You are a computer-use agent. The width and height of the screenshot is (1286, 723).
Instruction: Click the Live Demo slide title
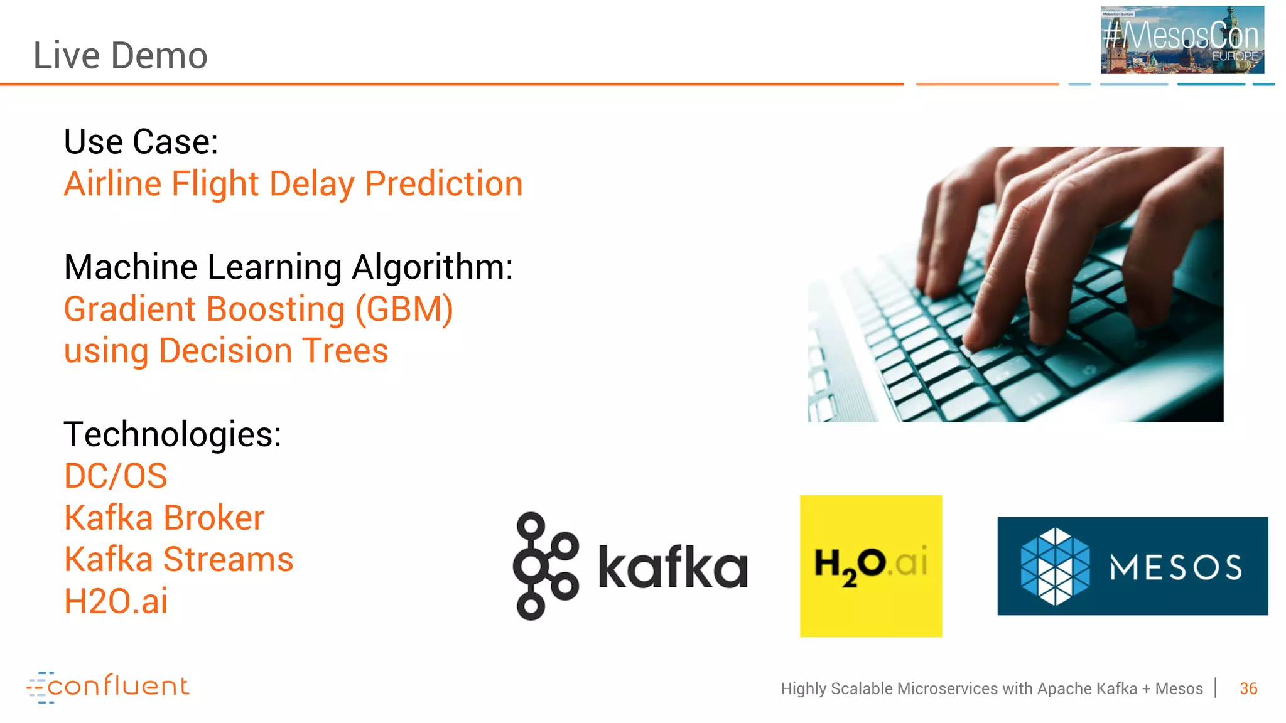coord(120,55)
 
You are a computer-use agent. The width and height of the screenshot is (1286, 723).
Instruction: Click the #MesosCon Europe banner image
coord(1182,40)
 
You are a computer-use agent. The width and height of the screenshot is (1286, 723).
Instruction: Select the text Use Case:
coord(141,142)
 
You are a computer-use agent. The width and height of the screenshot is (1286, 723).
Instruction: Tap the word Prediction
coord(443,184)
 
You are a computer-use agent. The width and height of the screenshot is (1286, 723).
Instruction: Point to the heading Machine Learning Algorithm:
coord(288,267)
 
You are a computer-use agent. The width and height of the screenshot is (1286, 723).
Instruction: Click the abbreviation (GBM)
coord(404,309)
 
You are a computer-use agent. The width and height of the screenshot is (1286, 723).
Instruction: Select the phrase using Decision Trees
coord(226,351)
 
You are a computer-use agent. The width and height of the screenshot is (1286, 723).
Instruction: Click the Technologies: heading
coord(173,434)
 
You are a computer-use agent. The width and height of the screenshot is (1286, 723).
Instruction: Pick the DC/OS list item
coord(116,476)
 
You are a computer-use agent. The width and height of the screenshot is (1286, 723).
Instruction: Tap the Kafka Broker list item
coord(164,518)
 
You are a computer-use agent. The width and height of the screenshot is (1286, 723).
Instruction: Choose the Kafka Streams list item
coord(178,559)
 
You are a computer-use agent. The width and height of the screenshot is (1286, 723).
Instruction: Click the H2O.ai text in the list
coord(116,601)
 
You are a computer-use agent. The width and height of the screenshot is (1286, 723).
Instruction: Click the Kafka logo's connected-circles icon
coord(544,566)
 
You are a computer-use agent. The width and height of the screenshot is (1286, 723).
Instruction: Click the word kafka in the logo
coord(673,567)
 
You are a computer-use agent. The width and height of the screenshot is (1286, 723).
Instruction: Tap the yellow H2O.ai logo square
coord(870,565)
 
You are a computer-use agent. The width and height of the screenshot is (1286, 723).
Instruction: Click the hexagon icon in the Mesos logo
coord(1055,566)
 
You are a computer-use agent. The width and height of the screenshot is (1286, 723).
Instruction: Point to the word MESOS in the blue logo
coord(1175,567)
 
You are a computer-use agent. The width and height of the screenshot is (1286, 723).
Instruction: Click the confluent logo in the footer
coord(107,687)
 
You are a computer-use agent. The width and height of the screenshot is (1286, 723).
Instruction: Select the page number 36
coord(1248,688)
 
